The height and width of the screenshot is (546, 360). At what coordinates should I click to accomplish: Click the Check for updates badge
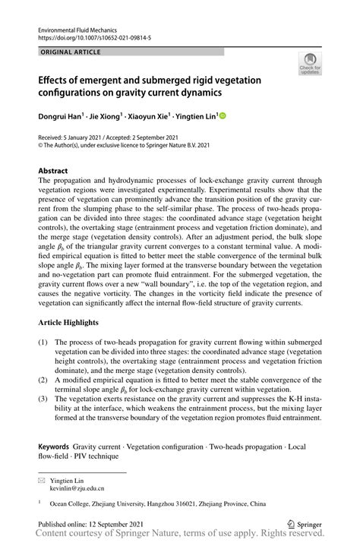[x=311, y=65]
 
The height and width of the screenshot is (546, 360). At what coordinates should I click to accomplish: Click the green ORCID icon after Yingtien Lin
[x=223, y=116]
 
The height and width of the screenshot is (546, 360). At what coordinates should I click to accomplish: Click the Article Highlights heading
[x=75, y=323]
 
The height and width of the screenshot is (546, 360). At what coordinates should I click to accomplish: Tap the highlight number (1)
[x=43, y=342]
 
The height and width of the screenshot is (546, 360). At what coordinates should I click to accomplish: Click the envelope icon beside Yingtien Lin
[x=43, y=481]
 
